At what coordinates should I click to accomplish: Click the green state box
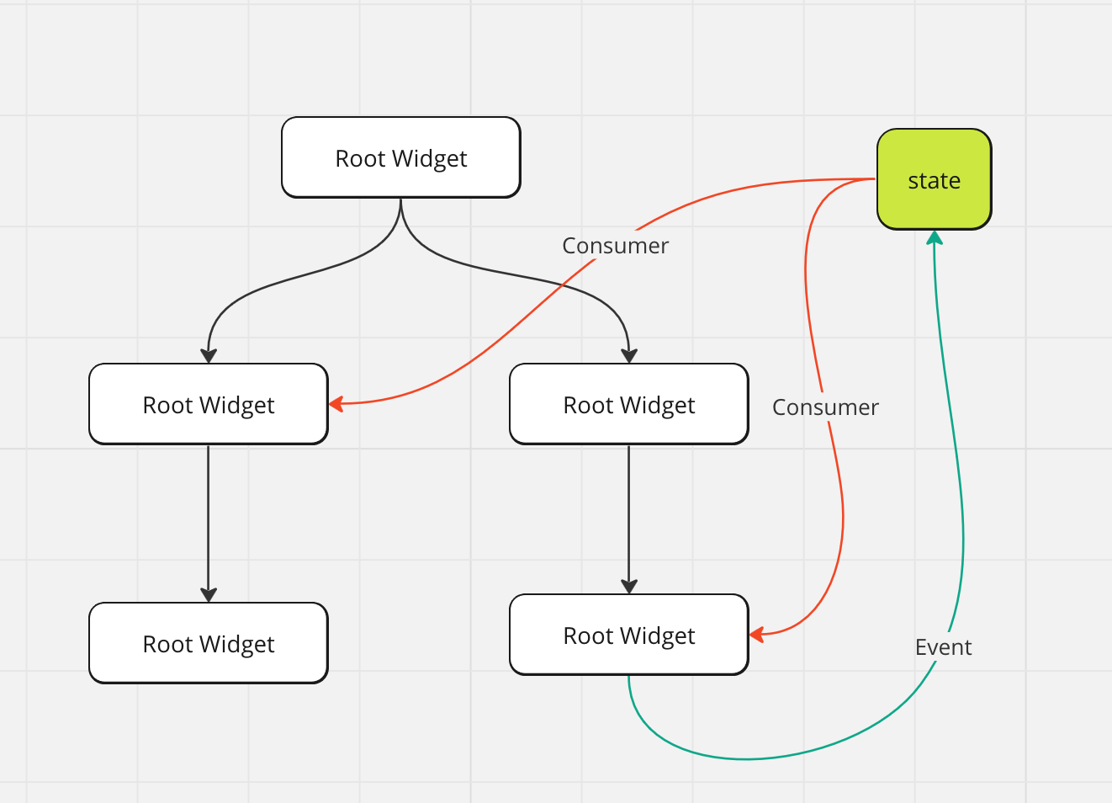pyautogui.click(x=935, y=179)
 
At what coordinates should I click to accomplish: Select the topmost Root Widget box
pyautogui.click(x=401, y=157)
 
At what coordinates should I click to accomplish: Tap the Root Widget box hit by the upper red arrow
pyautogui.click(x=209, y=404)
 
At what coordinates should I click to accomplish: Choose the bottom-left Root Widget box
pyautogui.click(x=209, y=643)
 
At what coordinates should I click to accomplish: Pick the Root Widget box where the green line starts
pyautogui.click(x=629, y=635)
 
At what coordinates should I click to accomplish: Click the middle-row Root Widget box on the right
pyautogui.click(x=629, y=404)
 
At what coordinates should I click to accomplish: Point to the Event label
pyautogui.click(x=943, y=647)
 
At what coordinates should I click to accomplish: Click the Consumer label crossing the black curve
pyautogui.click(x=615, y=246)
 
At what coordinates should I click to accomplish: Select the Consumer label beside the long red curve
pyautogui.click(x=825, y=407)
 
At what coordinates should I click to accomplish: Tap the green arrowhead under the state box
pyautogui.click(x=935, y=237)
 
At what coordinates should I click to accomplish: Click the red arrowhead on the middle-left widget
pyautogui.click(x=336, y=403)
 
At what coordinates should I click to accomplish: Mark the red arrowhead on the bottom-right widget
pyautogui.click(x=756, y=635)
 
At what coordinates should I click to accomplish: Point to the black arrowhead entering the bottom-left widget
pyautogui.click(x=209, y=595)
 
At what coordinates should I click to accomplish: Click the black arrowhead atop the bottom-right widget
pyautogui.click(x=629, y=587)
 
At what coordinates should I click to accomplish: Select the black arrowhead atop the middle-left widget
pyautogui.click(x=209, y=356)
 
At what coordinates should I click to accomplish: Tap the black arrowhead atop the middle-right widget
pyautogui.click(x=629, y=356)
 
